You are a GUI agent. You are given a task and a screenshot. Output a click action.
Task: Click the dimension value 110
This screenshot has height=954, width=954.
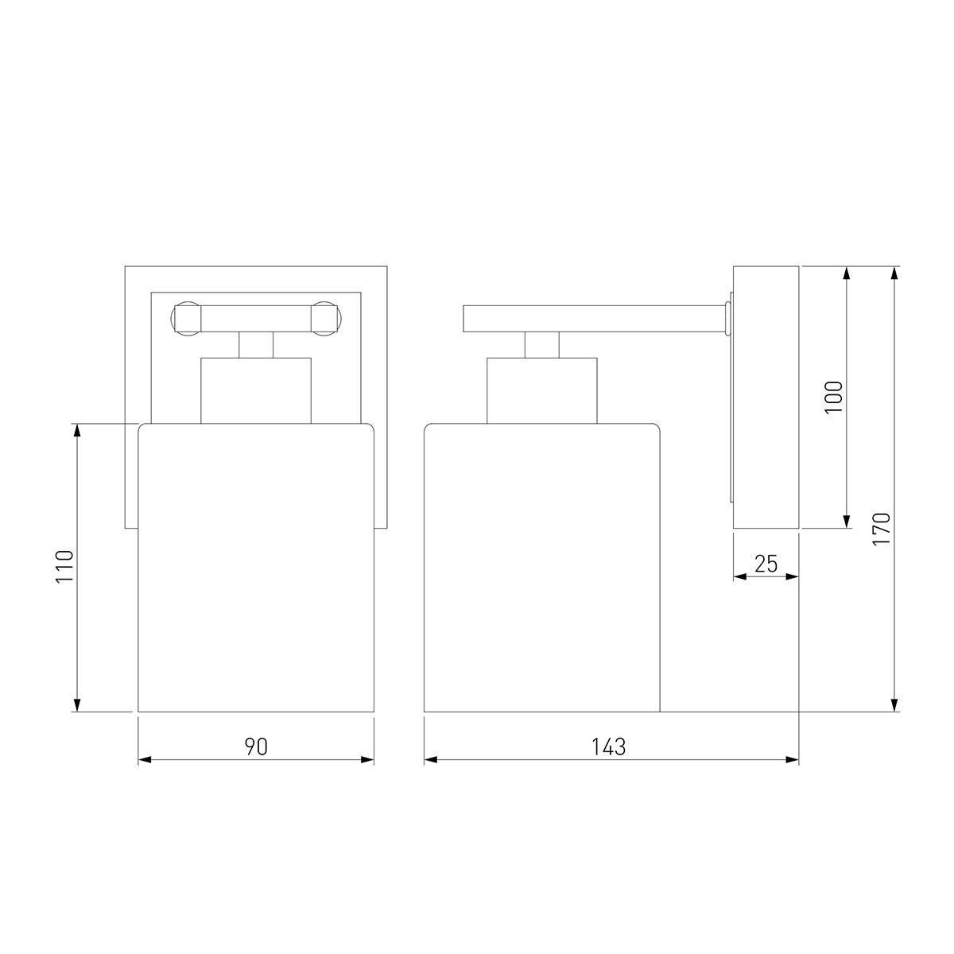point(65,566)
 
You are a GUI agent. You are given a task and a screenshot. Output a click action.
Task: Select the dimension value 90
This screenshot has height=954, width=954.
point(256,747)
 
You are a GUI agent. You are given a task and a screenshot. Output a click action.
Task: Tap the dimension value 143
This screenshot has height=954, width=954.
point(609,747)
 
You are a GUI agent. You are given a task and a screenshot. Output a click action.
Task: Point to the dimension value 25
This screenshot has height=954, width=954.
point(766,564)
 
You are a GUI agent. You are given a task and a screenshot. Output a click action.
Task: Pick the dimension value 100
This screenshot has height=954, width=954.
point(834,397)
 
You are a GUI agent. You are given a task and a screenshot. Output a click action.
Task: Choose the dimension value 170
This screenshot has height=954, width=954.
point(882,529)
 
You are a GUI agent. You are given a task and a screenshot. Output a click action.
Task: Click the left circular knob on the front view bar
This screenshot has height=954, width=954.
point(186,318)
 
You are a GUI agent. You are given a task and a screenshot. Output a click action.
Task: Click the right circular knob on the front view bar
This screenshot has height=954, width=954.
point(326,318)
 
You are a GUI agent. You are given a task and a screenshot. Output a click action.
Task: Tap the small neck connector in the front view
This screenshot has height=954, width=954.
point(256,344)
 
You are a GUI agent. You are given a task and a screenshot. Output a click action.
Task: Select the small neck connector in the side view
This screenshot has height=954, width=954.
point(542,344)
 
